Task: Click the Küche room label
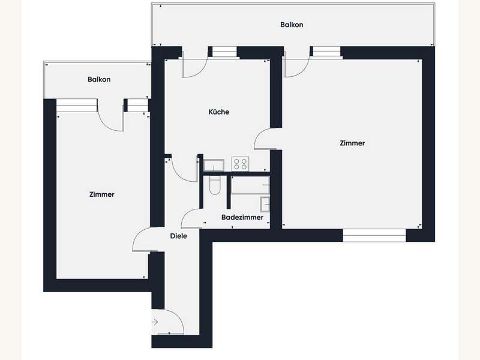point(218,112)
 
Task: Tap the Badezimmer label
point(242,217)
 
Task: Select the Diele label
point(178,236)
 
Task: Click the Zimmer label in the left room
point(101,194)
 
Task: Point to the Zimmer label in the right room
point(352,143)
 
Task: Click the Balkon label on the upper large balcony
point(292,25)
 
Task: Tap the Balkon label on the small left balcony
point(99,79)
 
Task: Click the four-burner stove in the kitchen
point(241,164)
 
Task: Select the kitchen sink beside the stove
point(214,166)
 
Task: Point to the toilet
point(215,185)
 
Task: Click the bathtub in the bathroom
point(250,185)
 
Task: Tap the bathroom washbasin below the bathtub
point(265,205)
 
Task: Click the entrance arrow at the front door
point(155,322)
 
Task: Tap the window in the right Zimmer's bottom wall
point(374,235)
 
